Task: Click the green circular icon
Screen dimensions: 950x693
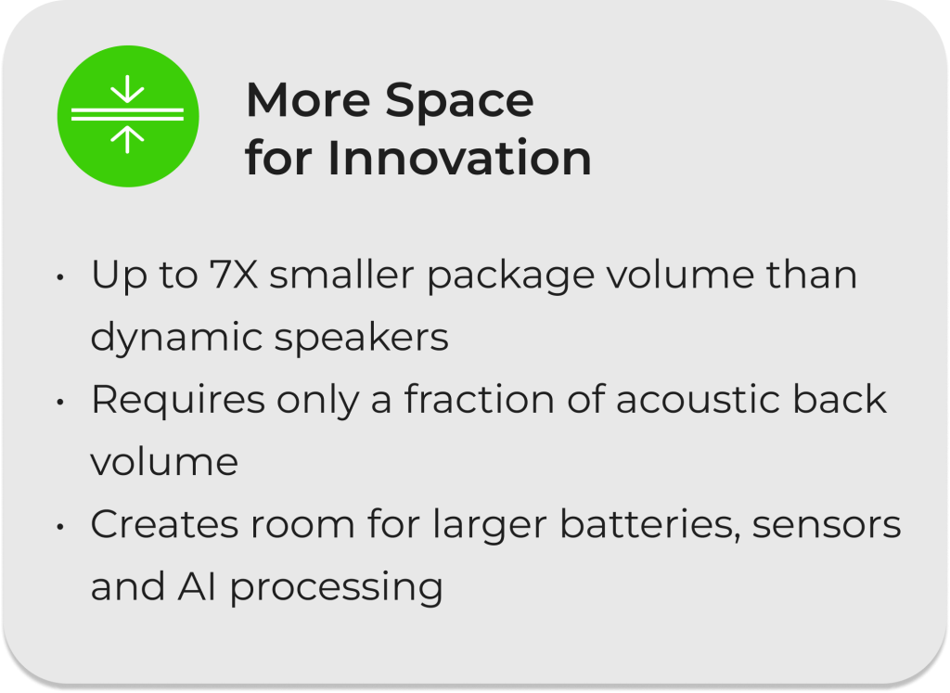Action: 128,116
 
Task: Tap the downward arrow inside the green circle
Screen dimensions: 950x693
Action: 127,89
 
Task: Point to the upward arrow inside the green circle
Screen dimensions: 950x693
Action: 127,139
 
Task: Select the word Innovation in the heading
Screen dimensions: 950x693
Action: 459,158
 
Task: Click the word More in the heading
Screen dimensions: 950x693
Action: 308,100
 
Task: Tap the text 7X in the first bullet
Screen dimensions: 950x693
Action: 234,275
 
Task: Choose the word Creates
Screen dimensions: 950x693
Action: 164,524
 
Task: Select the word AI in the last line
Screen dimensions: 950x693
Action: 197,587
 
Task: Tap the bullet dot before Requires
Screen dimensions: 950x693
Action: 60,403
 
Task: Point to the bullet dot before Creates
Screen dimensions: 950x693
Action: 60,527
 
